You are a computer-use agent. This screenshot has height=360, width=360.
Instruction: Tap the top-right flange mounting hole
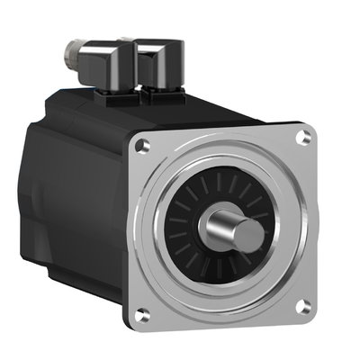[305, 137]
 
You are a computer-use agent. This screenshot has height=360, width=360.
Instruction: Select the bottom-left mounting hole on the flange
[142, 314]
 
